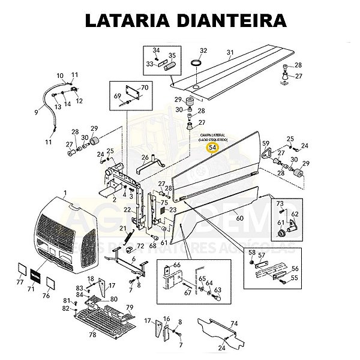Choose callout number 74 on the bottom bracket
point(235,323)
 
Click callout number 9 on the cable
point(35,112)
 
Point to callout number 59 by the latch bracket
point(265,143)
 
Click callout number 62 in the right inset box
point(295,214)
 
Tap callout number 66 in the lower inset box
point(176,265)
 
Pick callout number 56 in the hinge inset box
point(294,269)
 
